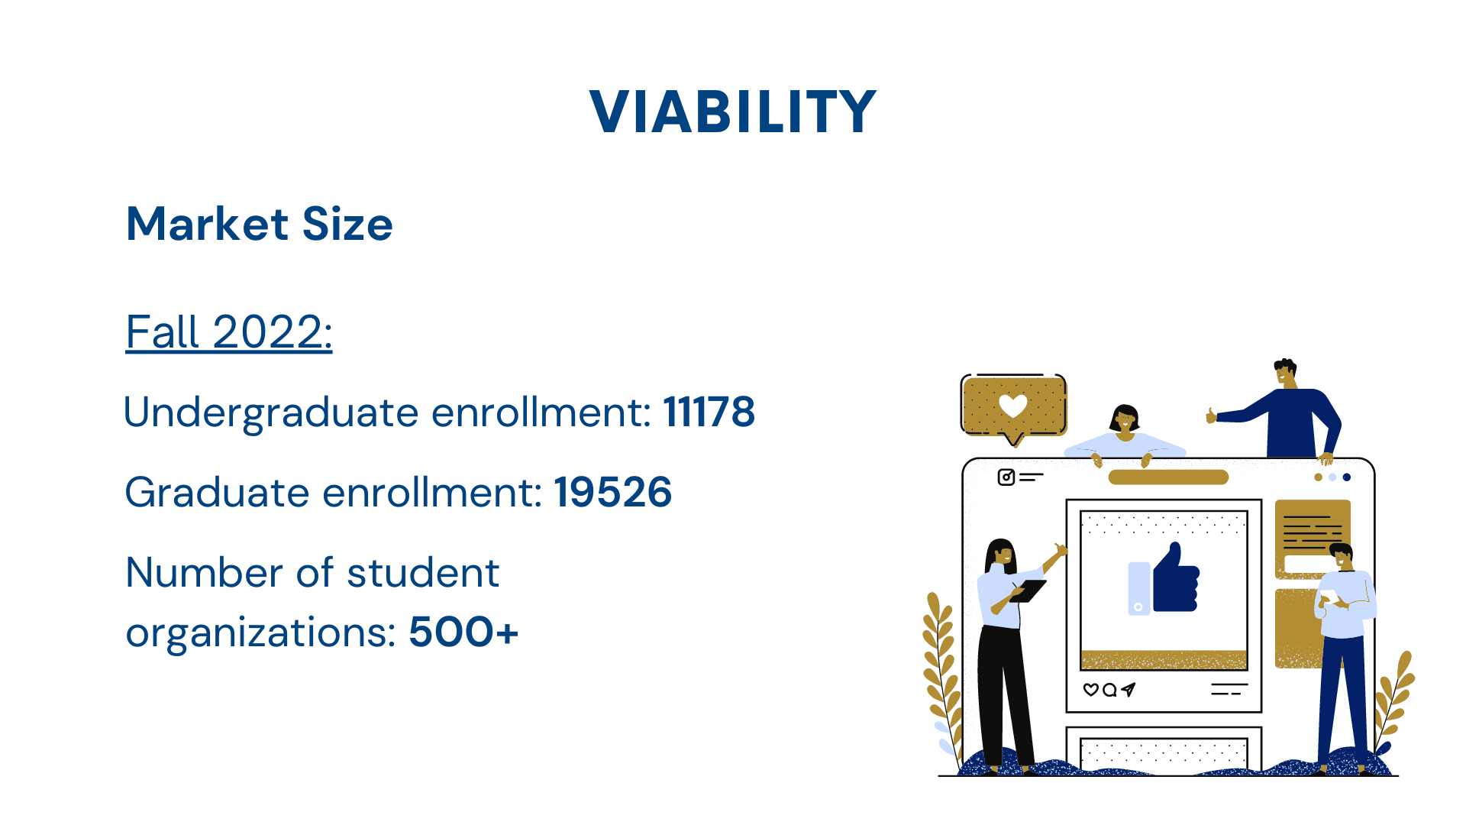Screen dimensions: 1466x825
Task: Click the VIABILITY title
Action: pyautogui.click(x=733, y=112)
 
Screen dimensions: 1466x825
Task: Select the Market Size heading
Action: pyautogui.click(x=260, y=225)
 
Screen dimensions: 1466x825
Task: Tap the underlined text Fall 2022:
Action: pyautogui.click(x=229, y=332)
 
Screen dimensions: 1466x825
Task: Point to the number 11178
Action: pyautogui.click(x=709, y=412)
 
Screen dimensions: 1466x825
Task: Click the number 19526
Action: pyautogui.click(x=613, y=492)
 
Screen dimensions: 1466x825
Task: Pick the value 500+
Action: pyautogui.click(x=463, y=632)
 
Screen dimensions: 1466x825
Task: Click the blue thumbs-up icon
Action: pyautogui.click(x=1175, y=578)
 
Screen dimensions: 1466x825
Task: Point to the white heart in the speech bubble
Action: pyautogui.click(x=1013, y=406)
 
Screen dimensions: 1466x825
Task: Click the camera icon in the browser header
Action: pyautogui.click(x=1006, y=477)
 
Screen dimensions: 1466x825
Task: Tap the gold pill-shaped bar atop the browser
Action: pyautogui.click(x=1168, y=477)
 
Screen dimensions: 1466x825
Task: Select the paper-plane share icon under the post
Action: pyautogui.click(x=1129, y=690)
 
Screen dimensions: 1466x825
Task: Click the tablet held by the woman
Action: pyautogui.click(x=1028, y=591)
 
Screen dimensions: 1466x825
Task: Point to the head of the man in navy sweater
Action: pyautogui.click(x=1286, y=373)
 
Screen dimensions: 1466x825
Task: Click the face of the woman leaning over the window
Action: pyautogui.click(x=1124, y=420)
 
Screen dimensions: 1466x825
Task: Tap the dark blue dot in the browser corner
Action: pyautogui.click(x=1347, y=477)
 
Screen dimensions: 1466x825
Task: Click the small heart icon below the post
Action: pyautogui.click(x=1091, y=690)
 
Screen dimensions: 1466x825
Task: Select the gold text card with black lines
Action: pyautogui.click(x=1313, y=538)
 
